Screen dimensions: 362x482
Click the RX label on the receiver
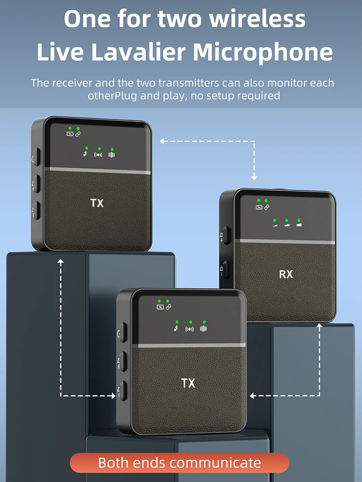click(286, 274)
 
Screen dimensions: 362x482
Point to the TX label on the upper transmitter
click(97, 203)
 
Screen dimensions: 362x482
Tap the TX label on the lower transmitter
click(188, 383)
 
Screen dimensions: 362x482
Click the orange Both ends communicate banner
click(180, 463)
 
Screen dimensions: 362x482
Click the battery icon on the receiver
click(259, 207)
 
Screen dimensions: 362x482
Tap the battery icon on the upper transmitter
click(70, 134)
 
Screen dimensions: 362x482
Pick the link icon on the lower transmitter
click(168, 307)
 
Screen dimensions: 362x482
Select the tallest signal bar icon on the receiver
click(300, 223)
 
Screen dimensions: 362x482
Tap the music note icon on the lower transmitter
click(176, 329)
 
